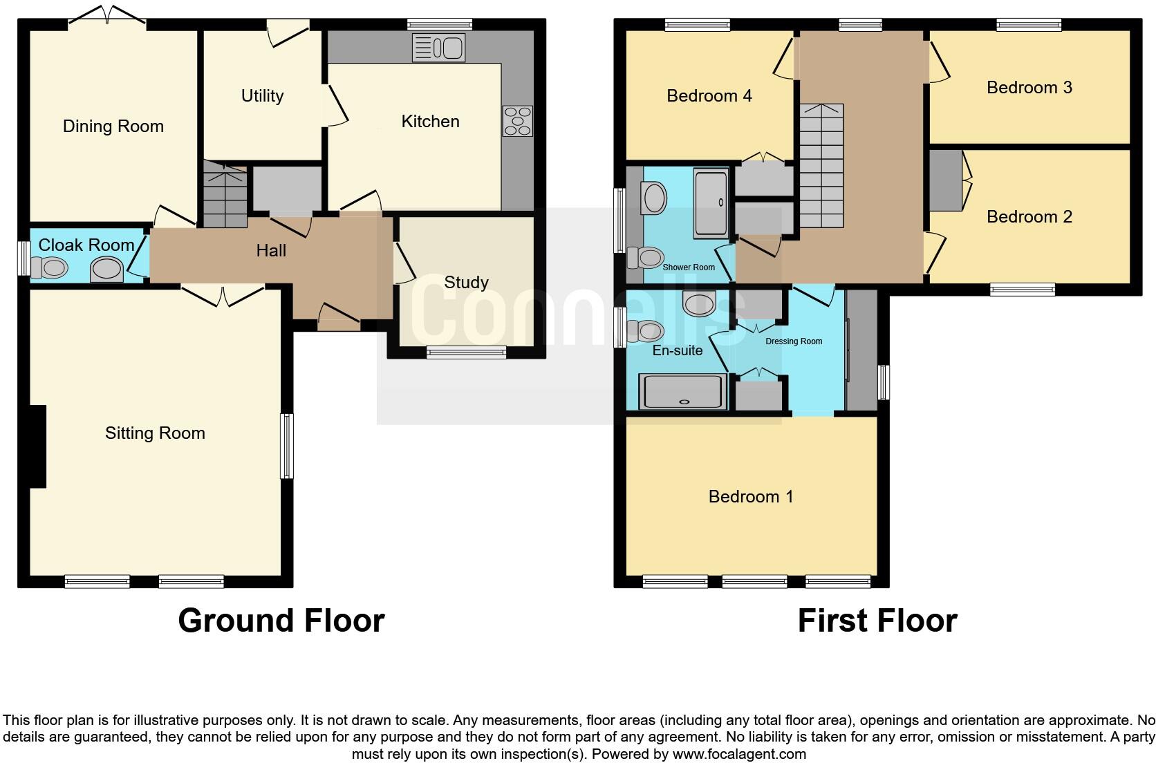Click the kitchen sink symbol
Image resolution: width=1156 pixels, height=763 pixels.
(x=439, y=48)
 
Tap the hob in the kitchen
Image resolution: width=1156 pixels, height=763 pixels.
(x=518, y=121)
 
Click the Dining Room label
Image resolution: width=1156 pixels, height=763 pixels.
(x=113, y=126)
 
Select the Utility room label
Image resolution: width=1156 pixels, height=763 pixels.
(x=262, y=96)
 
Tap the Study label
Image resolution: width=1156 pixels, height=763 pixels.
(x=466, y=282)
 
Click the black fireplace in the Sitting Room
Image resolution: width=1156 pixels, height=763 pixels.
(x=37, y=446)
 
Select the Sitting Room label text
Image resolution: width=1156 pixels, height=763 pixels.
(x=155, y=433)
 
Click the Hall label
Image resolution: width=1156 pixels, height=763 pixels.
(x=271, y=251)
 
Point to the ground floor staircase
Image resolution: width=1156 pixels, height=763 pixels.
(x=225, y=195)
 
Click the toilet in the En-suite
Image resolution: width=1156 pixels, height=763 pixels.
(x=645, y=331)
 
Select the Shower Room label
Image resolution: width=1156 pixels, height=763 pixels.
(x=689, y=267)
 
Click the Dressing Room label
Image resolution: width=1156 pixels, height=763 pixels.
(x=793, y=341)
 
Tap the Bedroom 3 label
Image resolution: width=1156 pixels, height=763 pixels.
(x=1029, y=88)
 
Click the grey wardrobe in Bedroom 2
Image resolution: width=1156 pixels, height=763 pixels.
(x=944, y=180)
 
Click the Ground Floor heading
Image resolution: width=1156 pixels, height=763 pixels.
(x=281, y=621)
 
